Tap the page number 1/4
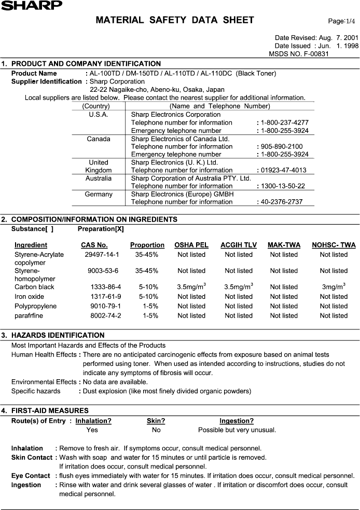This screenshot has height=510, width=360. pos(342,21)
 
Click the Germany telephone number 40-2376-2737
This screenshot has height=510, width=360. pos(282,202)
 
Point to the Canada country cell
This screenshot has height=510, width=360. pos(99,139)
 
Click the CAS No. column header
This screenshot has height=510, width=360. pos(94,245)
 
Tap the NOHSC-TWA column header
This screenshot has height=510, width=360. pos(334,245)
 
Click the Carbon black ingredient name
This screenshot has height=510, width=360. pos(34,287)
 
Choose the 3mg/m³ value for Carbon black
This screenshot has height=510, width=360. pos(334,286)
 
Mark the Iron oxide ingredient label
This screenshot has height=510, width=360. pos(30,297)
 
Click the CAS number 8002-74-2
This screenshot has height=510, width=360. pos(105,315)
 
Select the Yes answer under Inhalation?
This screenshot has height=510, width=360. pos(92,430)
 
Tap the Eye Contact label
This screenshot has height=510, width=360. pos(31,476)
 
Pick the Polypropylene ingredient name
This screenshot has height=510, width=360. pos(35,306)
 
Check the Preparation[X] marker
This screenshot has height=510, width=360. pos(101,229)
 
